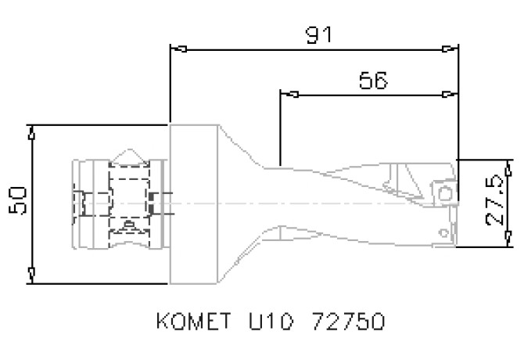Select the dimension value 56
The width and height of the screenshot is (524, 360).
tap(372, 81)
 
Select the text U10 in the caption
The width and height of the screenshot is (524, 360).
tap(266, 322)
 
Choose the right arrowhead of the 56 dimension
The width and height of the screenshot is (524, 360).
tap(450, 95)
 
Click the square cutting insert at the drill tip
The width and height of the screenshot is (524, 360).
tap(445, 193)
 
